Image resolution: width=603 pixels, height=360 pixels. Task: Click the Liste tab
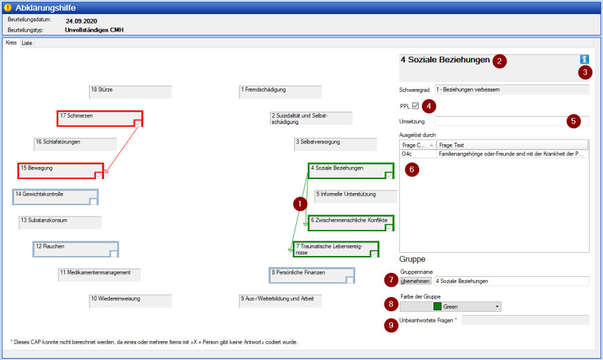pos(27,43)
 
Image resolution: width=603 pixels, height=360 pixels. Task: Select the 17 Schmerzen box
pos(100,119)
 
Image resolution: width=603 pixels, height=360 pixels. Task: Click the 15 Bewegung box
pos(61,171)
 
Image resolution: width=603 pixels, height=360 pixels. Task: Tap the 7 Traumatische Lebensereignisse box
pos(336,249)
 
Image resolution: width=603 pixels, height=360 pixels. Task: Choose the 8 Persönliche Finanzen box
pos(312,276)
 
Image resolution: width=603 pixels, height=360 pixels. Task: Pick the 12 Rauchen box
pos(76,249)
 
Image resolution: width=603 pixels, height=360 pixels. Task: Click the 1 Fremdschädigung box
pos(280,93)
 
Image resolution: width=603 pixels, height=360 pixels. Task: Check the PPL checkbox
pos(415,106)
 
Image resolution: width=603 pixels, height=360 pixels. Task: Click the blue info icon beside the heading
pos(584,59)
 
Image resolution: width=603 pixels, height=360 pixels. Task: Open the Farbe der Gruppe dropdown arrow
pos(497,306)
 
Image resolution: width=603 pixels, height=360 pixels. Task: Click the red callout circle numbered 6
pos(412,169)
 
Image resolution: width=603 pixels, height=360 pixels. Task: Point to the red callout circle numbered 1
pos(300,204)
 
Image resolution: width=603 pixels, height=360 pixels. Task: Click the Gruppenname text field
pos(511,281)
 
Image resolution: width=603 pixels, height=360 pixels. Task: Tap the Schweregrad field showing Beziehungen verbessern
pos(511,90)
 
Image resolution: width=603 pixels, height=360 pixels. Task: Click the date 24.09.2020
pos(81,21)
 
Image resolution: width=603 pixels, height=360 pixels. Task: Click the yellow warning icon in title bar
pos(7,7)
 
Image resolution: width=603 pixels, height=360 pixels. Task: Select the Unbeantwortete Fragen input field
pos(525,320)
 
